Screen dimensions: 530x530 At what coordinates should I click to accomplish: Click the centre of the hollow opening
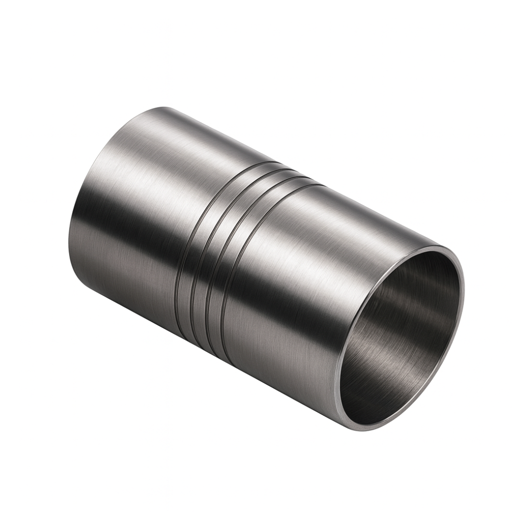pos(400,339)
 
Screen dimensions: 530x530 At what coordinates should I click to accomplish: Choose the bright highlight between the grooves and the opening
pos(314,236)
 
